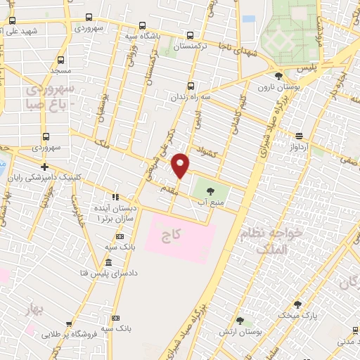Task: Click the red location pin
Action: tap(181, 165)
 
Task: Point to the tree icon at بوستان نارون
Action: tap(278, 75)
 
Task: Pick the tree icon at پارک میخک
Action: tap(297, 305)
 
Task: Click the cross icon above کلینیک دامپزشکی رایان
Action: tap(44, 167)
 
